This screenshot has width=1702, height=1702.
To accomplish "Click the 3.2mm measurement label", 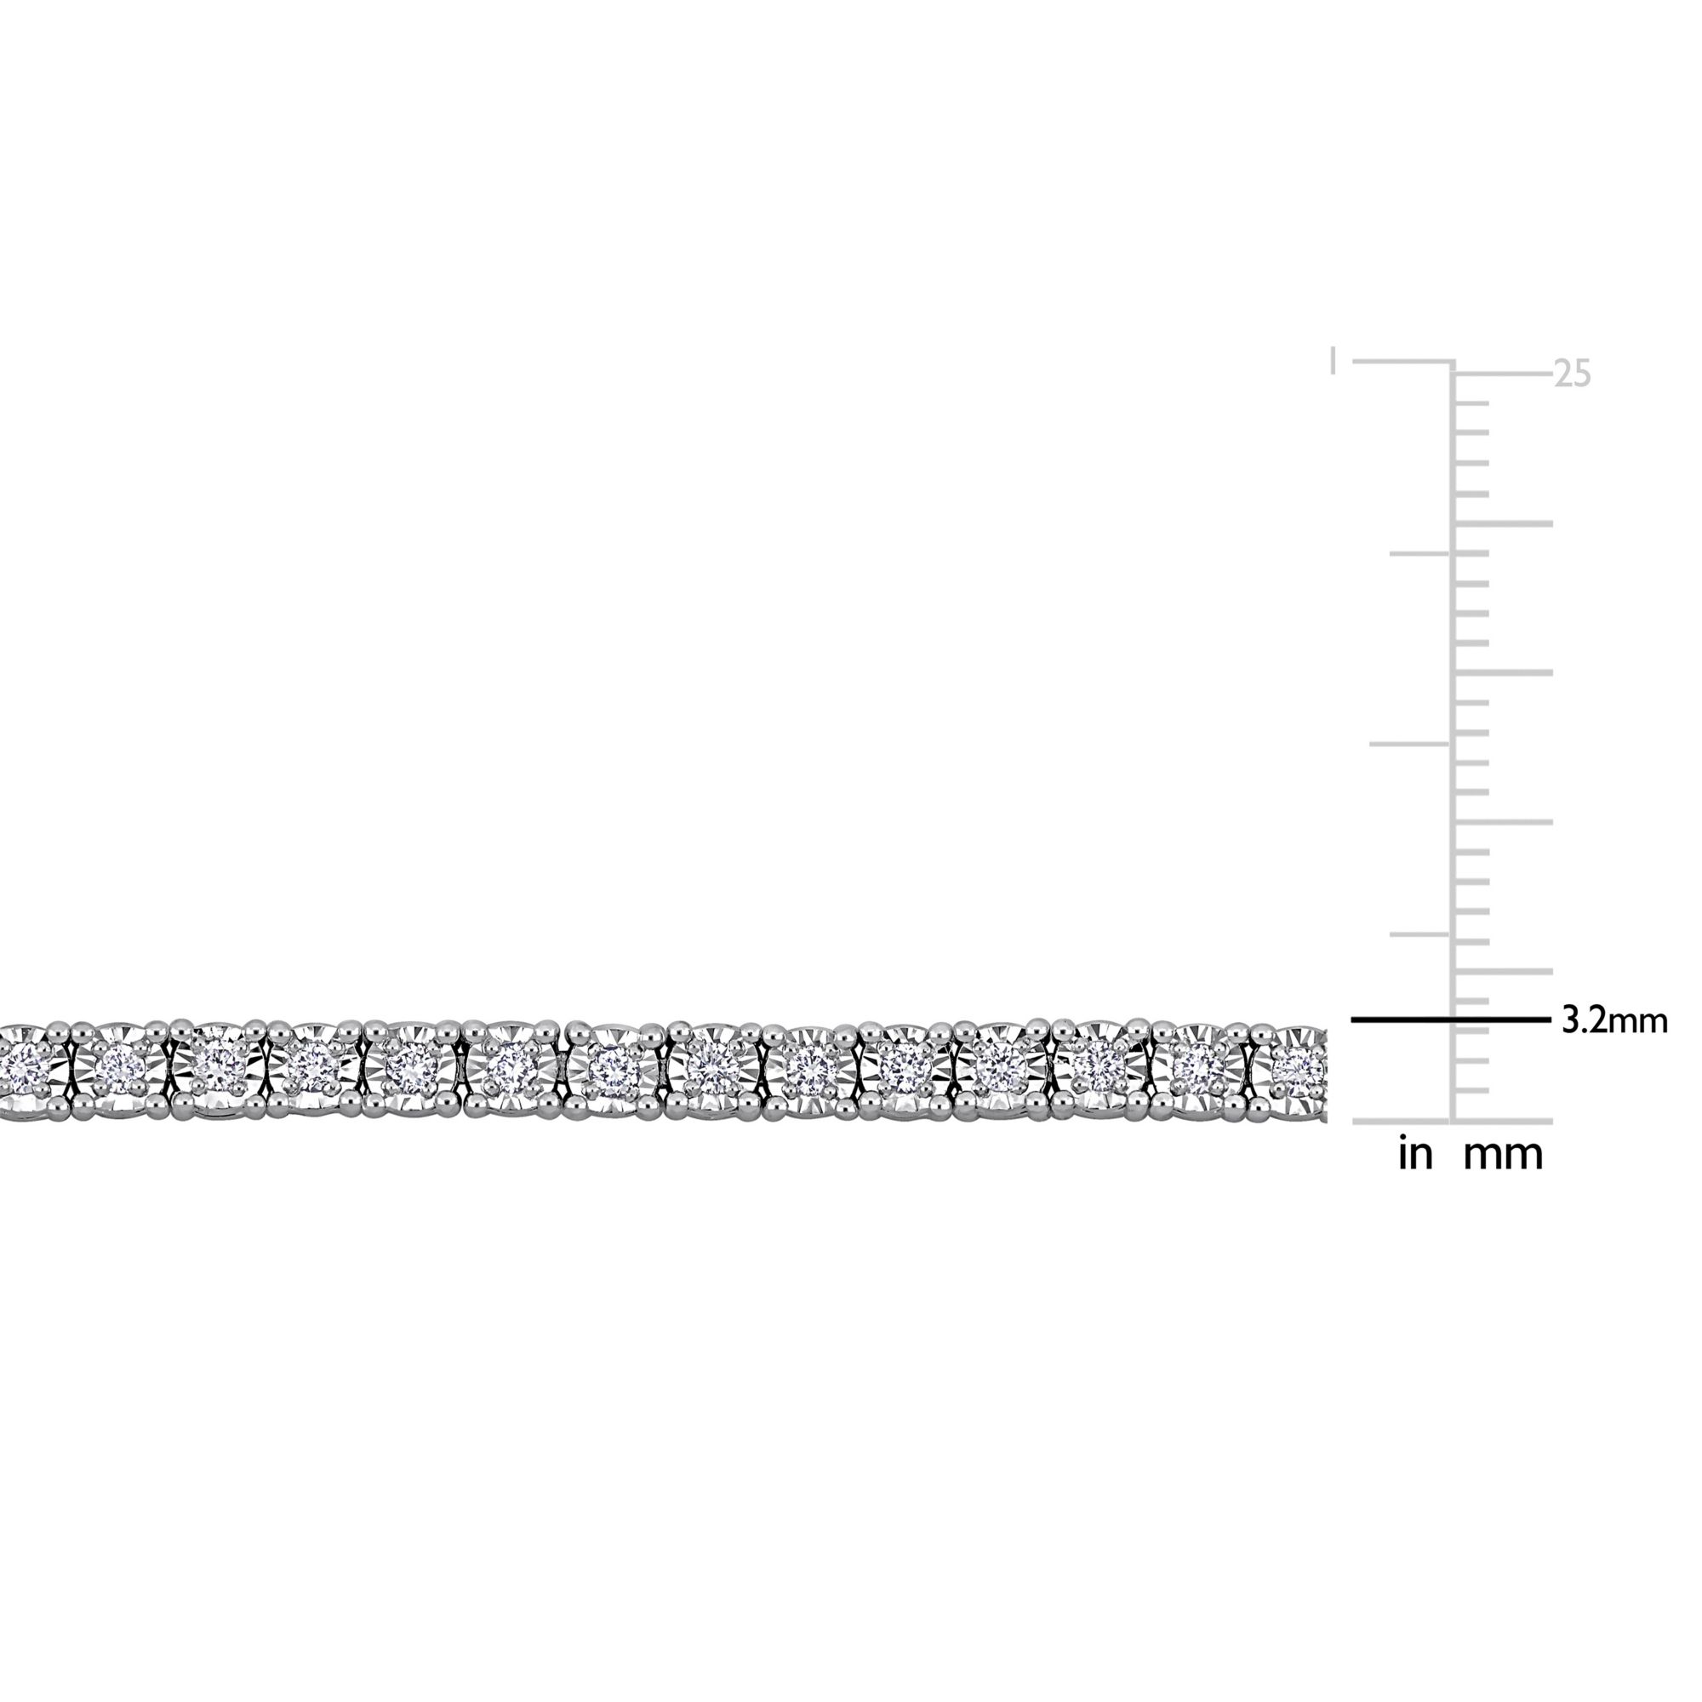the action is [x=1615, y=1021].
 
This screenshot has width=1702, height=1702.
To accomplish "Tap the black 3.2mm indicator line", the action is [x=1451, y=1020].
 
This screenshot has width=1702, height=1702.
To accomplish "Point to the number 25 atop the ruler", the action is [x=1573, y=375].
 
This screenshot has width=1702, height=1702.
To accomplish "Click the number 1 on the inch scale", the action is [x=1334, y=361].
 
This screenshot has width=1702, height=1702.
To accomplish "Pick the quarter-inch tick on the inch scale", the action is [x=1420, y=934].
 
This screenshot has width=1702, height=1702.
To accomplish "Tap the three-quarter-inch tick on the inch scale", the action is [x=1420, y=553].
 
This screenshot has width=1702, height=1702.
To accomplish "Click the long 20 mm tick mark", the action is [x=1503, y=524].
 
